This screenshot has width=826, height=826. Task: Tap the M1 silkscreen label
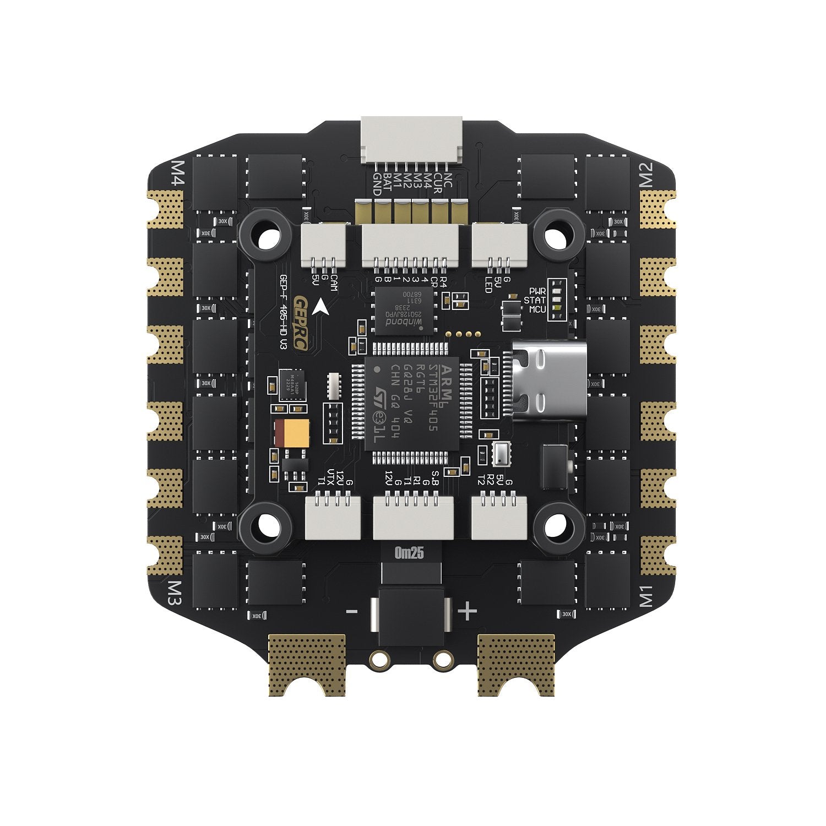coord(646,596)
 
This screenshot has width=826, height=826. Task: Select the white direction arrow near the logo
coord(320,307)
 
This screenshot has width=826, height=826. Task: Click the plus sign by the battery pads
coord(468,611)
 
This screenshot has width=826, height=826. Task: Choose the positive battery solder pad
coord(516,664)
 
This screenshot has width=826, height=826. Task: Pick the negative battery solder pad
coord(307,664)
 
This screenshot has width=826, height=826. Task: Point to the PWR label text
coord(537,290)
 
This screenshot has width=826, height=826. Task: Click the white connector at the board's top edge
coord(411,140)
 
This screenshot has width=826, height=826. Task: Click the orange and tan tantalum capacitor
coord(292,434)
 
